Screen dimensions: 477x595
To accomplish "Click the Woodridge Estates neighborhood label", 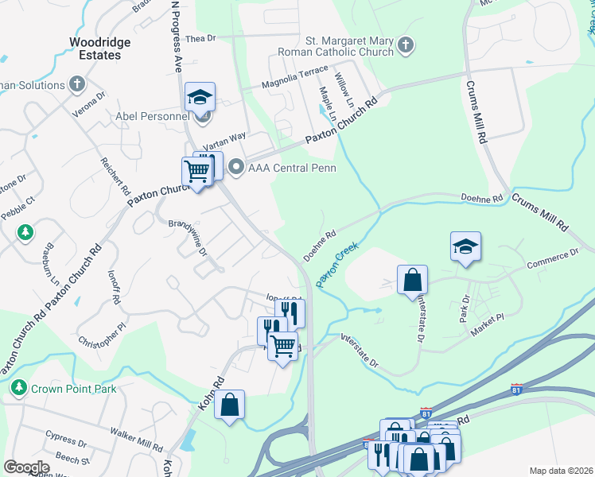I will pos(95,48).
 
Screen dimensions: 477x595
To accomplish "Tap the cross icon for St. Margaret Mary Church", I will pos(406,45).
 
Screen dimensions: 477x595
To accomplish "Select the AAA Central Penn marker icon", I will pos(235,167).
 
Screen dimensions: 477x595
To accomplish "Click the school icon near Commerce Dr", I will pos(465,246).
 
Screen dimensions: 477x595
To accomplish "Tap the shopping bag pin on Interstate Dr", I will pos(412,280).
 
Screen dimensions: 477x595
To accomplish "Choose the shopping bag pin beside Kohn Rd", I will pos(229,404).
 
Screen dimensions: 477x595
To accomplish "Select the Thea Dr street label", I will pos(200,38).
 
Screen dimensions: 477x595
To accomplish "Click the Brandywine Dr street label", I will pos(188,238).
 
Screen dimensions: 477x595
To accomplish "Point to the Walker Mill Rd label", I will pos(137,446).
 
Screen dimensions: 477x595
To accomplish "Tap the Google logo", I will pos(26,467).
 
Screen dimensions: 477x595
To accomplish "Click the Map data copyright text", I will pos(561,471).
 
